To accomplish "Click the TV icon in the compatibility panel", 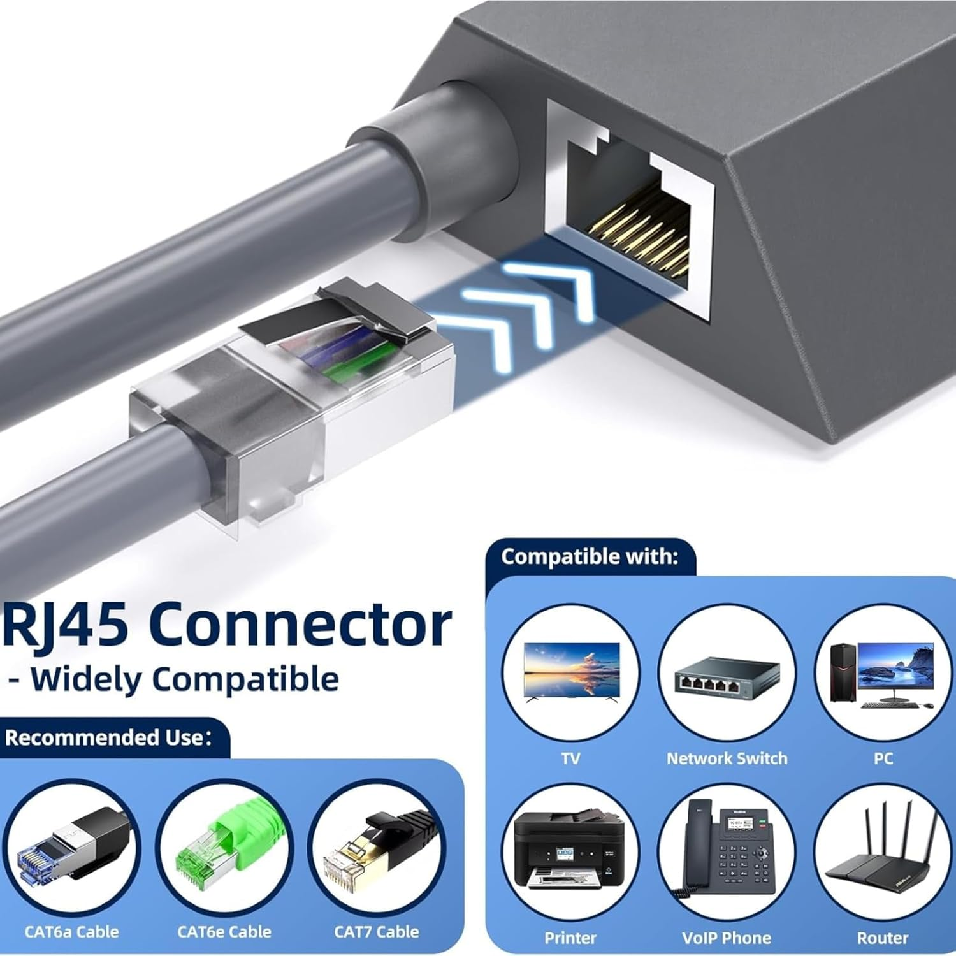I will [x=571, y=672].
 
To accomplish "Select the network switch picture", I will [x=727, y=676].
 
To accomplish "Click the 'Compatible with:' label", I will [x=590, y=556].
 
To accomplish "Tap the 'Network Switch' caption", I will [x=727, y=758].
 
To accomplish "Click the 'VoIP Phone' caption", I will [x=727, y=938].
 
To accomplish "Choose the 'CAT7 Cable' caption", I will [x=377, y=931].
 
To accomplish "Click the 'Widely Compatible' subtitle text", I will [x=185, y=679].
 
